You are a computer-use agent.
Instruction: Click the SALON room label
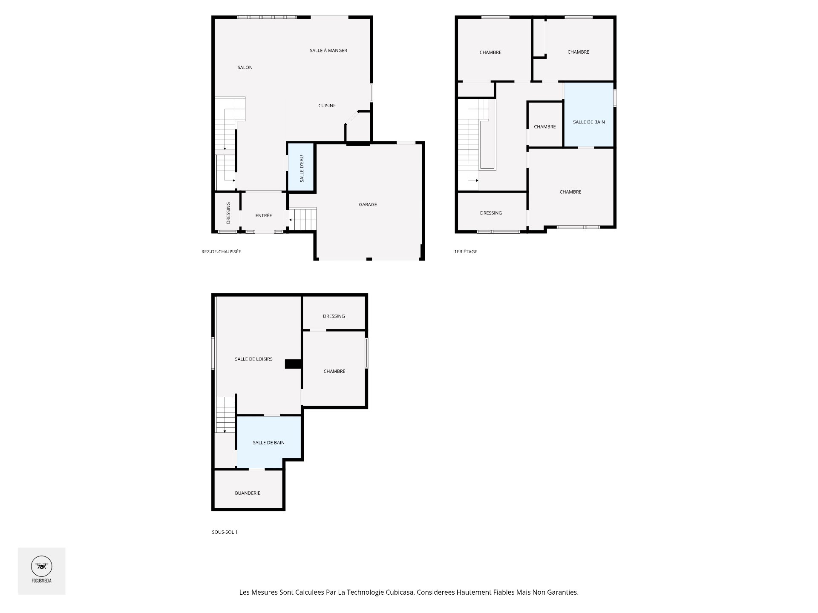click(245, 67)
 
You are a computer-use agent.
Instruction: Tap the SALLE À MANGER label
click(328, 50)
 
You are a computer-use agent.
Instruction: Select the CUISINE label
click(327, 106)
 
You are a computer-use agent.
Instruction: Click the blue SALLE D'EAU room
click(301, 168)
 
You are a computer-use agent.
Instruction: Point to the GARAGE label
click(367, 204)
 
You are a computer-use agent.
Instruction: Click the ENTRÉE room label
click(263, 215)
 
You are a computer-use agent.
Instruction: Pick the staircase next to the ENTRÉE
click(304, 219)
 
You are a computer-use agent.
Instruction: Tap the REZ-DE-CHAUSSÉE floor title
click(221, 252)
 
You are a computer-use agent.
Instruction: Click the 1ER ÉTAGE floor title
click(466, 252)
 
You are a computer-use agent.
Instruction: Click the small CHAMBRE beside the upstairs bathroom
click(544, 126)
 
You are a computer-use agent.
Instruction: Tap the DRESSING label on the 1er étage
click(491, 213)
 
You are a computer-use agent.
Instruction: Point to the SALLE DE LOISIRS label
click(253, 359)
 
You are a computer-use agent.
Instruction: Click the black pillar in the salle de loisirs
click(293, 364)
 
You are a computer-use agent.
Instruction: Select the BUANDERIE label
click(248, 493)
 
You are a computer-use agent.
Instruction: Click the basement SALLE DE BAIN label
click(268, 443)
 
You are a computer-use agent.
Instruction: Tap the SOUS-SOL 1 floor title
click(225, 532)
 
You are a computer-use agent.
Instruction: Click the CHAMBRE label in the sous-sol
click(334, 371)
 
